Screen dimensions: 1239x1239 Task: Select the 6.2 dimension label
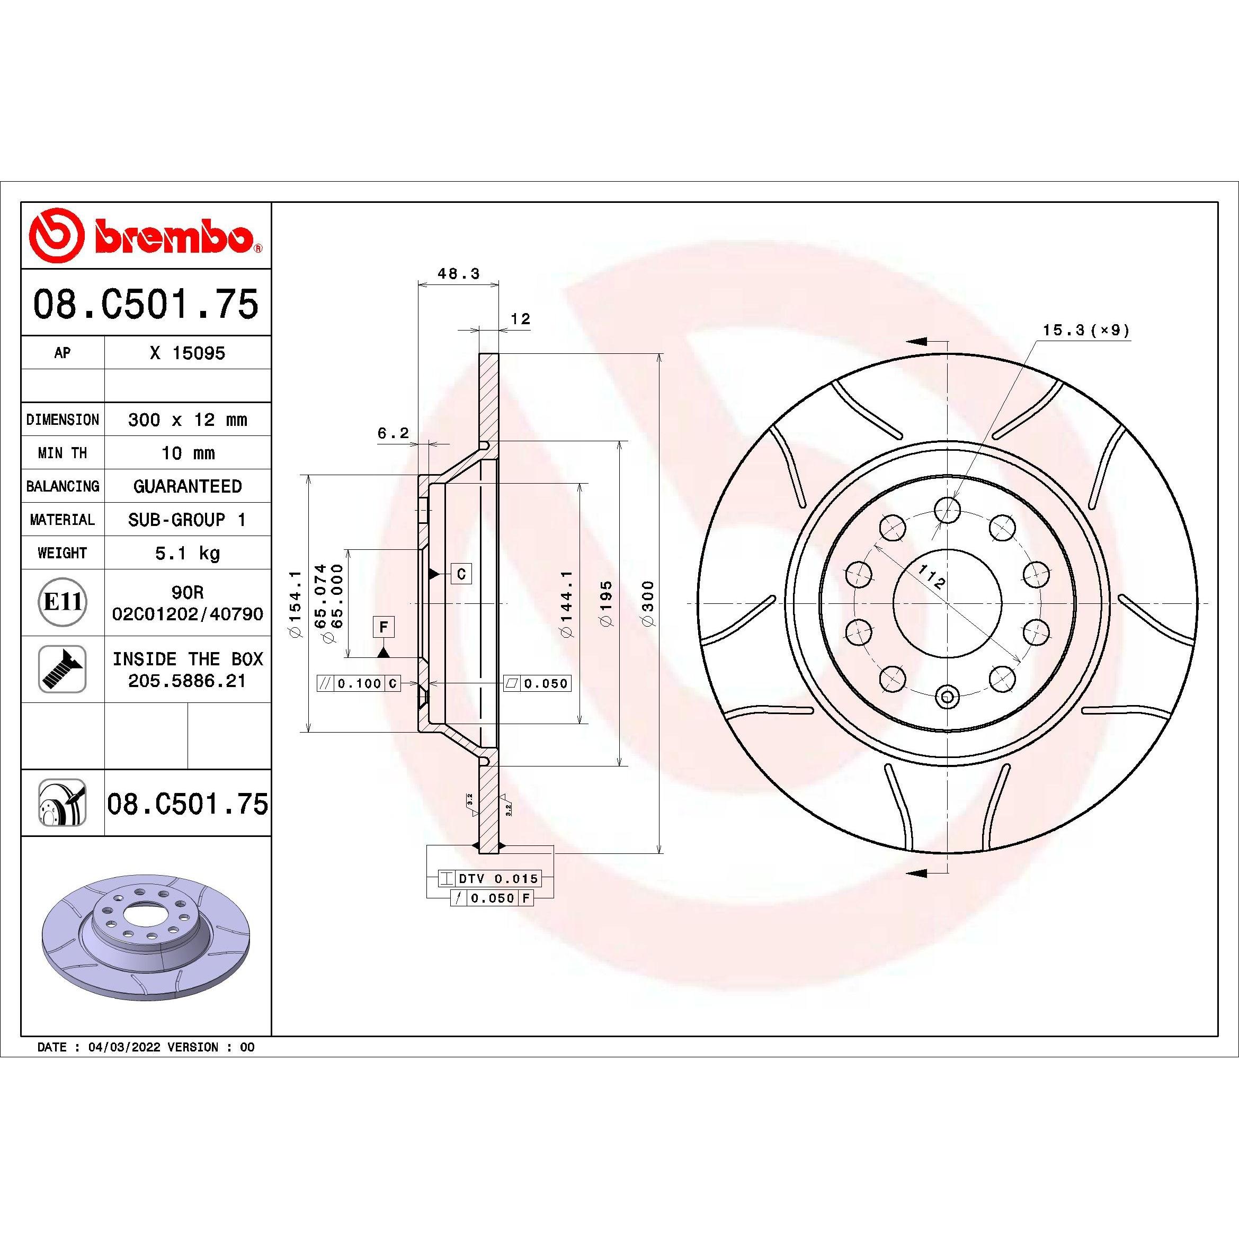pyautogui.click(x=393, y=433)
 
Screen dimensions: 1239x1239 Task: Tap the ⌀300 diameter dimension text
pyautogui.click(x=648, y=603)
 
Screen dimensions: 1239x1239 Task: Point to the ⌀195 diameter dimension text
pyautogui.click(x=607, y=603)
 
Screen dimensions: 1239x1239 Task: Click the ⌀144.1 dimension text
pyautogui.click(x=566, y=603)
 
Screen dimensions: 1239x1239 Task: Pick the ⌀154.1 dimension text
pyautogui.click(x=296, y=603)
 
